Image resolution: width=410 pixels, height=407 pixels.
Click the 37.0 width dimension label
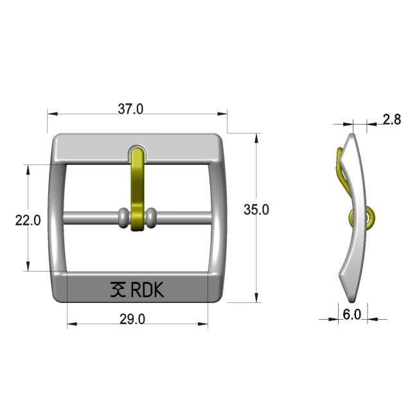[x=130, y=109]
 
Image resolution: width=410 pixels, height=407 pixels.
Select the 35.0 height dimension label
[x=256, y=209]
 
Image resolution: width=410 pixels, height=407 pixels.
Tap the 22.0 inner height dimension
[x=28, y=220]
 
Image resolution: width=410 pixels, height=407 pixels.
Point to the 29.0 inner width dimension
[x=132, y=319]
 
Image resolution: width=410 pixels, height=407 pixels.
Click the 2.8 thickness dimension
[x=392, y=119]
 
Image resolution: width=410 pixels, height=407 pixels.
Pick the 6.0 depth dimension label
[x=352, y=315]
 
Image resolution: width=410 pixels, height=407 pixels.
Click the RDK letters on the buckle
[x=147, y=290]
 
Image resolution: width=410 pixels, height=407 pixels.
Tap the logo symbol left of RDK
[x=118, y=290]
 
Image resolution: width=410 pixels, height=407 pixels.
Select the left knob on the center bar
[x=123, y=218]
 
